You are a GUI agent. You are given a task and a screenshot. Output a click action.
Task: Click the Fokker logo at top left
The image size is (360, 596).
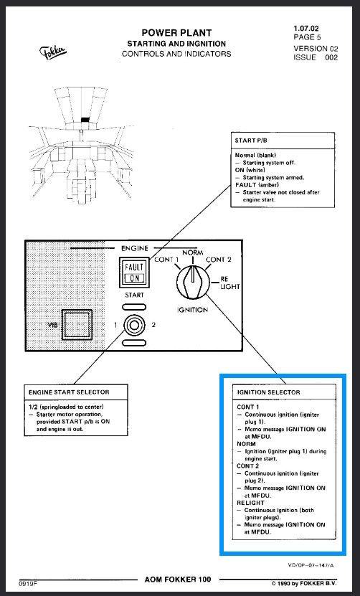click(x=53, y=52)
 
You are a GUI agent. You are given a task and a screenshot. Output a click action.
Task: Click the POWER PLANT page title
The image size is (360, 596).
click(x=176, y=33)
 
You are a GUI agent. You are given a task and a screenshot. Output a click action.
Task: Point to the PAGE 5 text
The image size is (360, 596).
click(x=307, y=37)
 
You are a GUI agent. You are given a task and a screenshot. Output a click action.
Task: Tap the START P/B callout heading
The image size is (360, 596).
click(x=251, y=141)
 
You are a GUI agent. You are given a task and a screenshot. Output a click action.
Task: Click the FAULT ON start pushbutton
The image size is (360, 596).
click(x=134, y=272)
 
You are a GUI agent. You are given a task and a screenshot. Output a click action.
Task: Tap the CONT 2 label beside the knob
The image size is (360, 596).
click(x=218, y=260)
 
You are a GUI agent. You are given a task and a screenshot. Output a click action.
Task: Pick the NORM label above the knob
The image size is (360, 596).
click(x=193, y=252)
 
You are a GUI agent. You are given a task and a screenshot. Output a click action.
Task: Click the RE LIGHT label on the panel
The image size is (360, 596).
click(x=230, y=283)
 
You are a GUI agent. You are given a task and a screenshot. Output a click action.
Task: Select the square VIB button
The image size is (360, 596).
click(x=77, y=325)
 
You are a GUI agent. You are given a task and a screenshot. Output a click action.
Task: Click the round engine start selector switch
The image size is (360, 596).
click(x=134, y=325)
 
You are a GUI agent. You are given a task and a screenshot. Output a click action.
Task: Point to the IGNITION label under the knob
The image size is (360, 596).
click(x=192, y=310)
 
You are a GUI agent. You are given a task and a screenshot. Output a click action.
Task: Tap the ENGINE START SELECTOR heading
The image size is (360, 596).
click(x=69, y=392)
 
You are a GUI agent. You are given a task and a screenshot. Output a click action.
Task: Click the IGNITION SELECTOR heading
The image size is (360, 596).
click(x=269, y=392)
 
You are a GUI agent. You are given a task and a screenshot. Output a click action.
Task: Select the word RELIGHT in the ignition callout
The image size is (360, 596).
click(x=250, y=503)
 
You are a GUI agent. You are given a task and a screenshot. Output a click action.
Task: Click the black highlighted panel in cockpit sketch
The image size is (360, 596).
click(x=85, y=119)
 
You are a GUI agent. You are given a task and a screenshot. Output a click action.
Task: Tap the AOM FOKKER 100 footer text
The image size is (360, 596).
click(x=178, y=580)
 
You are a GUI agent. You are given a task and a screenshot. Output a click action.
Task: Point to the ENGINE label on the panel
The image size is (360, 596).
click(x=135, y=248)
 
